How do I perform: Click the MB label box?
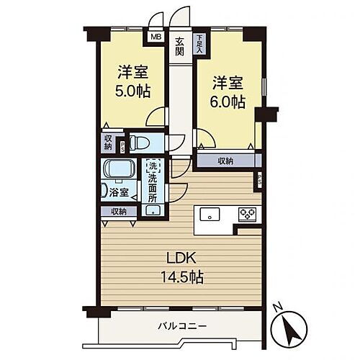[155, 35]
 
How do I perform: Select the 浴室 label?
[120, 192]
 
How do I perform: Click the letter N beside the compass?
[277, 307]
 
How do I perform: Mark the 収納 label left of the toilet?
[107, 143]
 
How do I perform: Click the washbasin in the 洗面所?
[153, 210]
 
